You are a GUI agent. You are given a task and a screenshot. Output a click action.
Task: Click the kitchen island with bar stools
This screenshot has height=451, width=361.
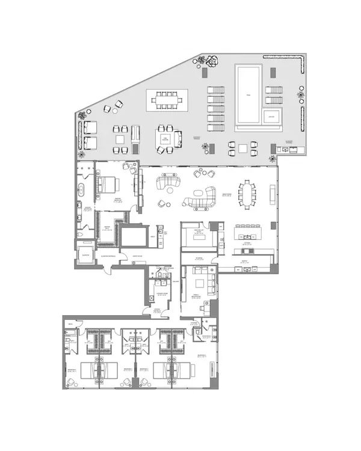click(x=250, y=231)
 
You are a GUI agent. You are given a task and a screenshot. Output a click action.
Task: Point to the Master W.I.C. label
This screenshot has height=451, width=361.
click(x=106, y=228)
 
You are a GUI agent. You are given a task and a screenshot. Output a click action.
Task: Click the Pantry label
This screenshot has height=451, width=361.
click(x=245, y=260)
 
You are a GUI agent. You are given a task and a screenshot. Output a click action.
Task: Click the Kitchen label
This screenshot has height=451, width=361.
click(x=247, y=245)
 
